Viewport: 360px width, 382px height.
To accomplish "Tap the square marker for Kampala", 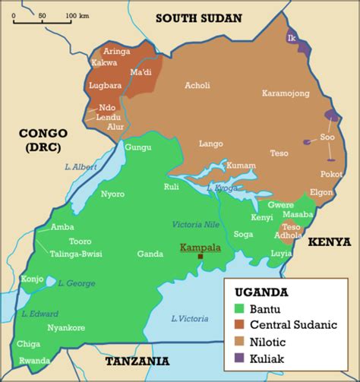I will (x=201, y=257).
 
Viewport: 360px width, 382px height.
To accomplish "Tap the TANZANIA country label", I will (x=137, y=361).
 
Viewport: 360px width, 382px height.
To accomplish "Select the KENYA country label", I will (x=329, y=242).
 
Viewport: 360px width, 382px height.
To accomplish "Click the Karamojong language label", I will (x=286, y=93).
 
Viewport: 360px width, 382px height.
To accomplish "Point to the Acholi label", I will (x=197, y=86).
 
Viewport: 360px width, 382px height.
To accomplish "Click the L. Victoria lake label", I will (x=190, y=317).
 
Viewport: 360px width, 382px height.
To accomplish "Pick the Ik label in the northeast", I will (x=291, y=37).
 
